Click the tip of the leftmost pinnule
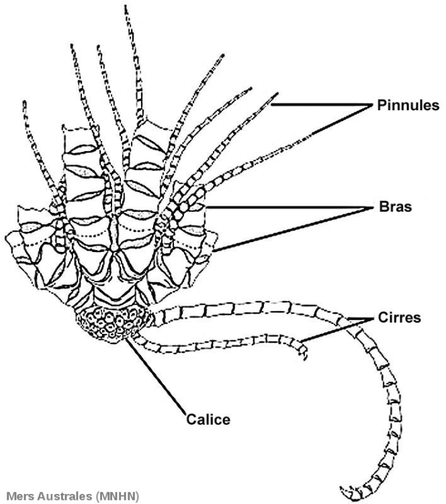tap(25, 103)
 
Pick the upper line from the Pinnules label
tap(322, 103)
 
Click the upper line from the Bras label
tap(289, 207)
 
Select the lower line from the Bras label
tap(296, 228)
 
